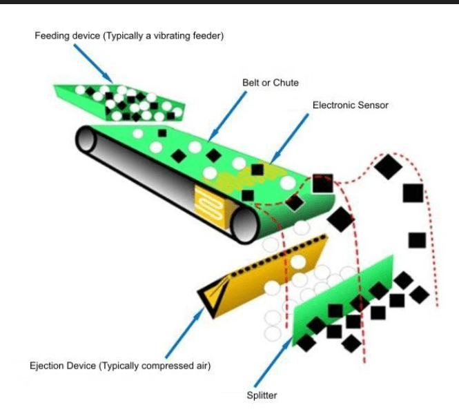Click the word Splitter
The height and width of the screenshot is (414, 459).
(x=262, y=395)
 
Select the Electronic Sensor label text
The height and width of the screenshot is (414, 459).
(x=351, y=105)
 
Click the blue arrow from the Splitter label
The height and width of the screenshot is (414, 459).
(x=273, y=362)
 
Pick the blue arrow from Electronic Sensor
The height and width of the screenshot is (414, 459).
(x=289, y=139)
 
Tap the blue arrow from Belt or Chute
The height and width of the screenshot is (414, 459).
(x=228, y=116)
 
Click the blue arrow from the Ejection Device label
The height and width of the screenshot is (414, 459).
(x=184, y=333)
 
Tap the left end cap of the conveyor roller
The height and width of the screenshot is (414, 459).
(x=86, y=139)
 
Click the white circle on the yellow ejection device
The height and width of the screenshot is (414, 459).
(x=298, y=262)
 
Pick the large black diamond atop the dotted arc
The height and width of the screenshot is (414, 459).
(x=388, y=167)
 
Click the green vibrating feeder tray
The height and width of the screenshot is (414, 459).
(x=119, y=103)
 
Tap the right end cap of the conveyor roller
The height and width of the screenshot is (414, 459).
(x=245, y=225)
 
